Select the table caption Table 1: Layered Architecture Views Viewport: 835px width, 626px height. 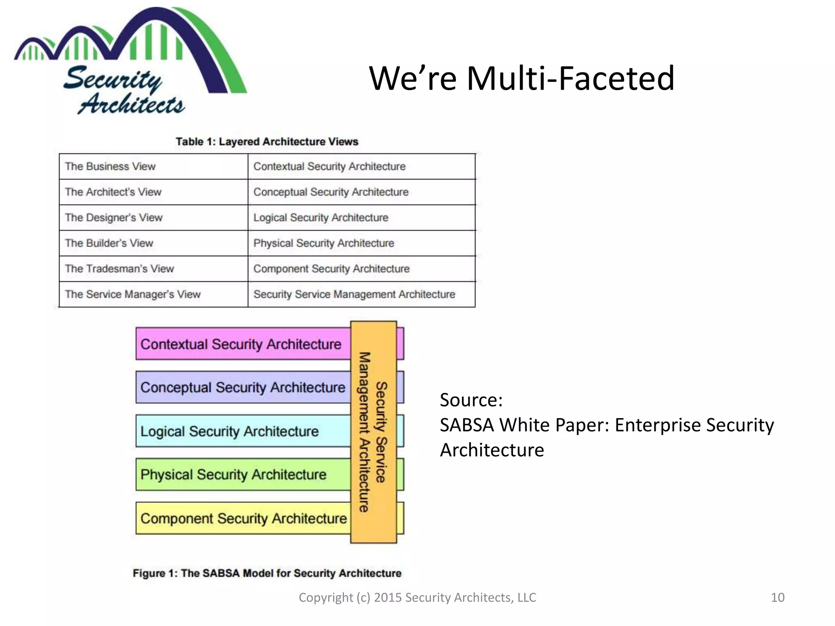click(267, 141)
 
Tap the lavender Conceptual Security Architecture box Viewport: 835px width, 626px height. click(243, 387)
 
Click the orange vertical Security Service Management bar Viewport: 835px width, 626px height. click(373, 432)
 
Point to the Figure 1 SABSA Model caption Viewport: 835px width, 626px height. click(267, 573)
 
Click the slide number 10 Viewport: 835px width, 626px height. click(778, 597)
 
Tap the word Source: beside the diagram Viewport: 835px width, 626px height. click(471, 400)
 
